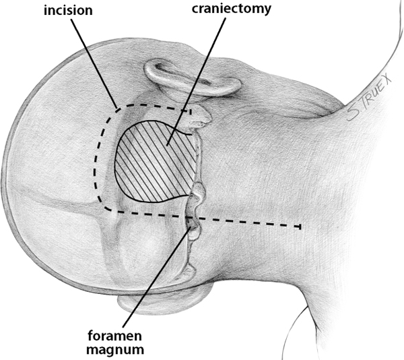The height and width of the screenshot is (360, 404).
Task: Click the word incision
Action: click(68, 11)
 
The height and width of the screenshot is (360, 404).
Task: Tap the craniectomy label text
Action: click(232, 9)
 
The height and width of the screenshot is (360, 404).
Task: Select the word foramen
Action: click(115, 336)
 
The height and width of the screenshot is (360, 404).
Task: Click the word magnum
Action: click(115, 350)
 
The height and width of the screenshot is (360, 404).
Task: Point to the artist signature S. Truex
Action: click(369, 98)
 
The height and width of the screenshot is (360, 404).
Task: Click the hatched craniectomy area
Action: click(156, 162)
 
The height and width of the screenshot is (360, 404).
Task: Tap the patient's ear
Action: click(193, 79)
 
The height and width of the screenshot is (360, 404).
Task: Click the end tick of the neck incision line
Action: click(300, 227)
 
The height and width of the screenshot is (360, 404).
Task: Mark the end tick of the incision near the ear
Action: click(190, 112)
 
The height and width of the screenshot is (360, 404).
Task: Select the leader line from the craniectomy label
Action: click(196, 81)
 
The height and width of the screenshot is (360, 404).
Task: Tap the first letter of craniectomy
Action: click(195, 9)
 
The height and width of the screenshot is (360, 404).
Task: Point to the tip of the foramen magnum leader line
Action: click(191, 227)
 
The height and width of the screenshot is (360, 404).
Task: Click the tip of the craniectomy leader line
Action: click(167, 145)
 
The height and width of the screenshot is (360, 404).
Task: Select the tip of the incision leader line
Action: click(116, 108)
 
